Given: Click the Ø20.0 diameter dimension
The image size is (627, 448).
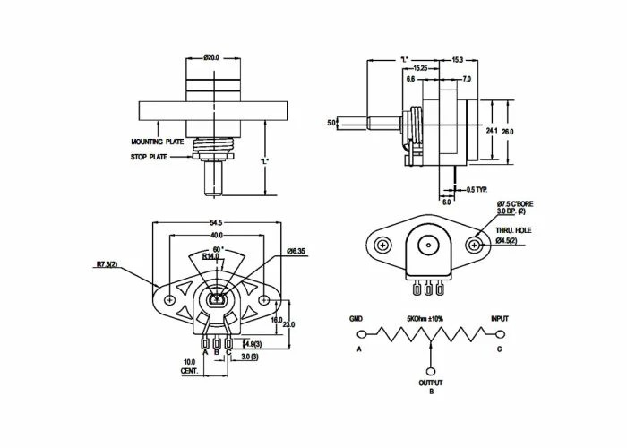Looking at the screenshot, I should click(212, 57).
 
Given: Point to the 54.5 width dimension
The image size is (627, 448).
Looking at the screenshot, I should click(217, 221).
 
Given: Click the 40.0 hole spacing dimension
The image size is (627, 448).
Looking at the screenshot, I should click(217, 236).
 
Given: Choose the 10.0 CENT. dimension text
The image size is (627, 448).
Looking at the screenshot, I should click(188, 366).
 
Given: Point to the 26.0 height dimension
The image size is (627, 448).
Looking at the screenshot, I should click(508, 131).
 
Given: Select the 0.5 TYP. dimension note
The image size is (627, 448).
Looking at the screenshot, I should click(478, 189).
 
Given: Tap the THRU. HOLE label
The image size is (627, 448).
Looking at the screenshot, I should click(517, 230).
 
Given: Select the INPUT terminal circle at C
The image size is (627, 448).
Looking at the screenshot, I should click(499, 335).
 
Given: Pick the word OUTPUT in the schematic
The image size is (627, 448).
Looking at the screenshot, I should click(430, 383).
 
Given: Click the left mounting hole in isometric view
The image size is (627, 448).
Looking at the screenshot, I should click(383, 245).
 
